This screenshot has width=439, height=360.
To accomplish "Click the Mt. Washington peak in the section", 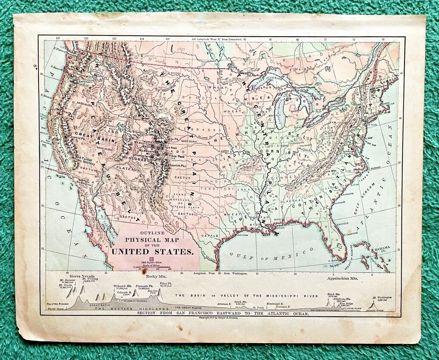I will point(373,305).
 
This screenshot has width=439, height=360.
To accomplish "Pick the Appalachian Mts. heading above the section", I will point(341,279).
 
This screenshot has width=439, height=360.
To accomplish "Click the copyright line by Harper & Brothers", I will point(218,318).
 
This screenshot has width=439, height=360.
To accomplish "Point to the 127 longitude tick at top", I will point(58,38).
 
